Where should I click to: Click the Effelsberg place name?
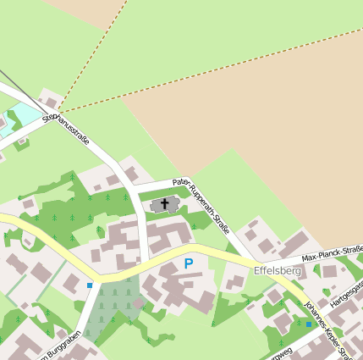tap(278, 271)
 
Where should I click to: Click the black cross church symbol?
tap(164, 205)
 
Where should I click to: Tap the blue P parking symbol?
tap(188, 264)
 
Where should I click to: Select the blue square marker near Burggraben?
tap(90, 285)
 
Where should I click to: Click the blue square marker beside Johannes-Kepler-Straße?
tap(309, 324)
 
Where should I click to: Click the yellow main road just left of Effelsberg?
tap(228, 258)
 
